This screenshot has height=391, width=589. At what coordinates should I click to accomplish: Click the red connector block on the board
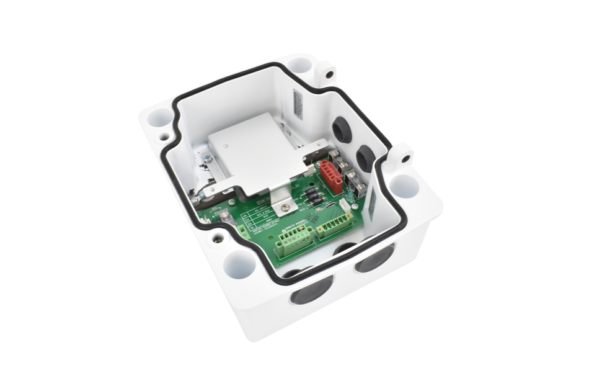(x=331, y=176)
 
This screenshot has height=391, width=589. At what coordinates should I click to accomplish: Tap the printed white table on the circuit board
(x=256, y=220)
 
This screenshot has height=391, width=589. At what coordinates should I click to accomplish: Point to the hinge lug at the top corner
(x=325, y=73)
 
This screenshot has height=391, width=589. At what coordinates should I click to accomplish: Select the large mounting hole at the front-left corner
(x=239, y=264)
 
